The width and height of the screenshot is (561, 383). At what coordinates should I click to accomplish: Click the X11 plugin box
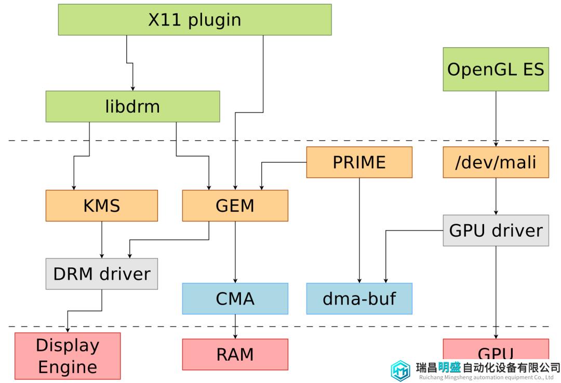coord(195,20)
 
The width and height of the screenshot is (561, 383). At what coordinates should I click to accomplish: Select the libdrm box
coord(133,106)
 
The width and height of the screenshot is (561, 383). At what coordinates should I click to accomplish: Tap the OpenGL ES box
coord(496,70)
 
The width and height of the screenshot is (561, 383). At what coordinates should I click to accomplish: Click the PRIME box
coord(359,162)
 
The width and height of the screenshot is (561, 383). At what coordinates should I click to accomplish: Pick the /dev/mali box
coord(496,162)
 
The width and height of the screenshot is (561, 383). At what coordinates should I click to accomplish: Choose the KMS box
coord(102,206)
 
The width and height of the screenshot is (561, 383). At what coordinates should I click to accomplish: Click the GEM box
coord(235,206)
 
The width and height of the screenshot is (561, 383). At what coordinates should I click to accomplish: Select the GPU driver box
coord(496,230)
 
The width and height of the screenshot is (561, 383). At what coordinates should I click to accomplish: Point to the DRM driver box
coord(102,274)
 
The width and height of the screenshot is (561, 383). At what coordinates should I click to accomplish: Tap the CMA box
coord(235,298)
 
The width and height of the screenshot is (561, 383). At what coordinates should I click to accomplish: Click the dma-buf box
coord(359,298)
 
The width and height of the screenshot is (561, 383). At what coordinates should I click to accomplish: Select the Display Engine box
coord(68,356)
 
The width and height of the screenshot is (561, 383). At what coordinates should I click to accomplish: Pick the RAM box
coord(235,354)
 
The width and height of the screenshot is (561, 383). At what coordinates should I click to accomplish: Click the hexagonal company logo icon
coord(400,371)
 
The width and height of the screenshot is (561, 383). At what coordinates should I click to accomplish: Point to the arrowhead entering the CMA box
coord(235,281)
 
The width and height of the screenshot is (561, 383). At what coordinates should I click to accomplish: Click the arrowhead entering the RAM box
coord(235,336)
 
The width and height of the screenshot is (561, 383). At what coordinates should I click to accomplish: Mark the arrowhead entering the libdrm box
coord(133,88)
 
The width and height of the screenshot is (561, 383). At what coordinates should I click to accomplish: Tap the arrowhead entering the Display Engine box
coord(68,330)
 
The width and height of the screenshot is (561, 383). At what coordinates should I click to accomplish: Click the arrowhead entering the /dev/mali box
coord(496,144)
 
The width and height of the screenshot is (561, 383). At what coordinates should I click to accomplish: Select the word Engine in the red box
coord(68,367)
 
